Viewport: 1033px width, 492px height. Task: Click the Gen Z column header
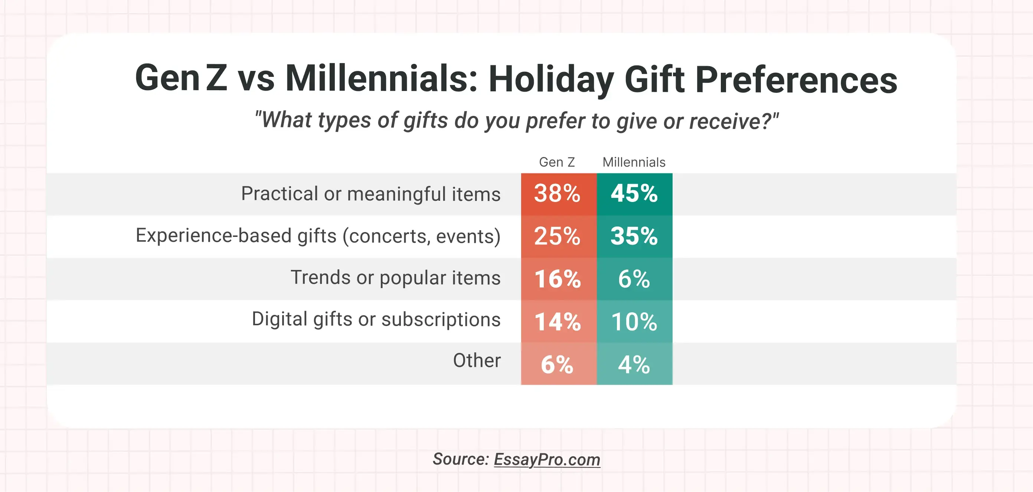tap(557, 162)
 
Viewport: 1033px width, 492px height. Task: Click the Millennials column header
tap(634, 162)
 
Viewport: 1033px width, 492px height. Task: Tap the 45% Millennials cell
tap(634, 194)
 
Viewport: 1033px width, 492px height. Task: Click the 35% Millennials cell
tap(634, 237)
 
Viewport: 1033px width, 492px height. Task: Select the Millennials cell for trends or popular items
tap(634, 279)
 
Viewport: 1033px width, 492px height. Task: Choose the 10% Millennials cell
tap(634, 322)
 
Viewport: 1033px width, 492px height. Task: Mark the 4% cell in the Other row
tap(634, 364)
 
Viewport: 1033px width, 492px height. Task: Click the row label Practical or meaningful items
tap(370, 194)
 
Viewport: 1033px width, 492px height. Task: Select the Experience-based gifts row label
tap(318, 236)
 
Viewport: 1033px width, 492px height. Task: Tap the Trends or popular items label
tap(395, 278)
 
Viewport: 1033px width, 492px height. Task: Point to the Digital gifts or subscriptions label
tap(376, 319)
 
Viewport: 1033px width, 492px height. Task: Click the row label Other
tap(477, 361)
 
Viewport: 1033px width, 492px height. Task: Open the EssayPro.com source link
tap(547, 459)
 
